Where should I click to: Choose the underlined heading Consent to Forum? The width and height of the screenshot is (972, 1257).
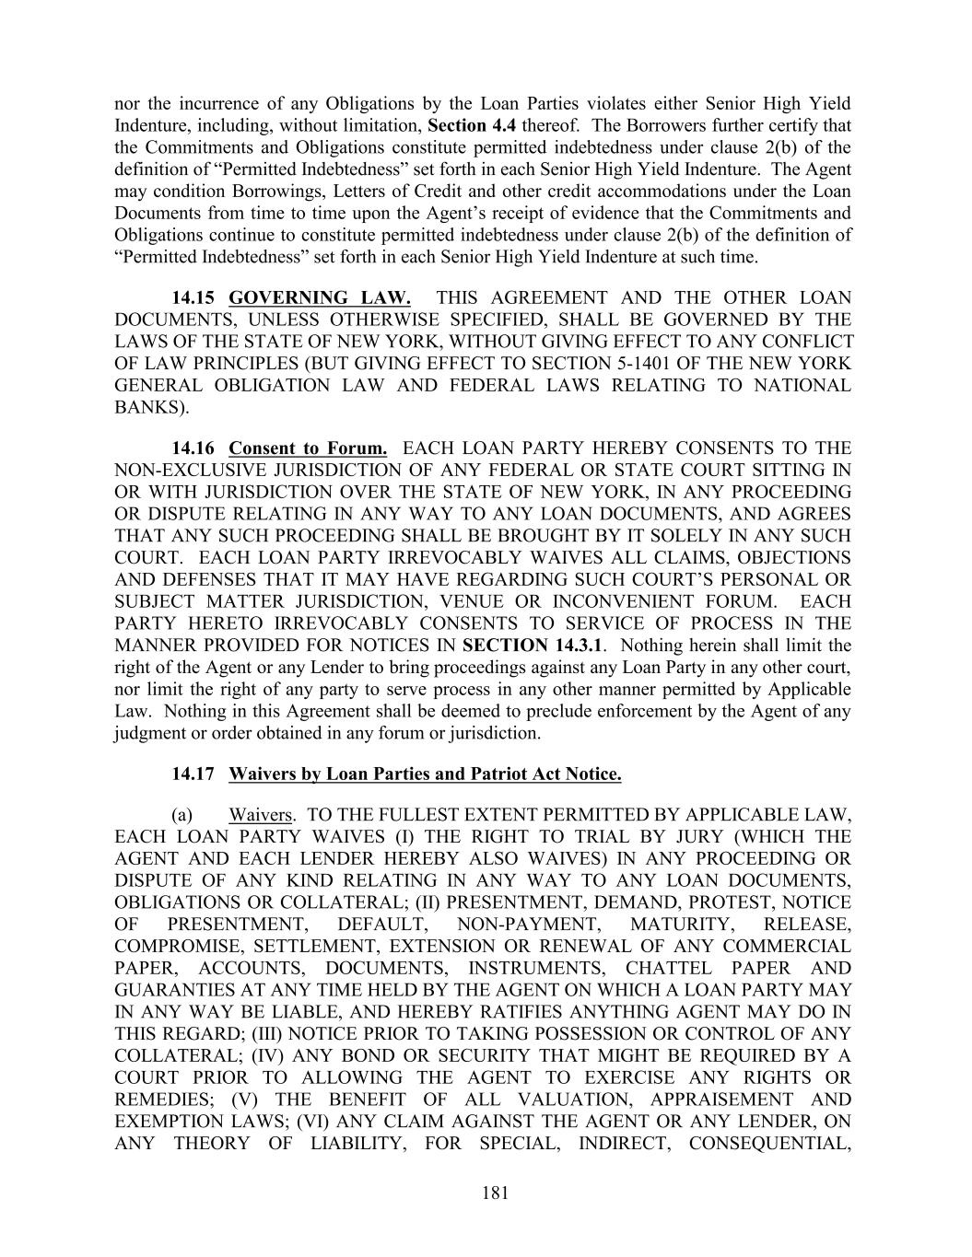point(308,448)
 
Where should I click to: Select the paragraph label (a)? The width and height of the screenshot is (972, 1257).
point(182,815)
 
